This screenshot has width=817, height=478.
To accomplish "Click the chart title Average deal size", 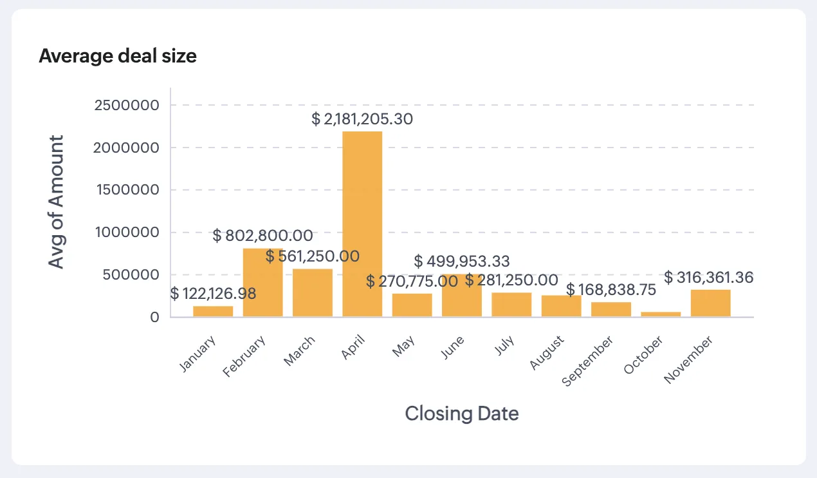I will [118, 57].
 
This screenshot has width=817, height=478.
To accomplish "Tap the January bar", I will [213, 311].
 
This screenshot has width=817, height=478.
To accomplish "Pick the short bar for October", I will [661, 314].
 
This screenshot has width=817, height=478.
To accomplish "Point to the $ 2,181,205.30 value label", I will [362, 119].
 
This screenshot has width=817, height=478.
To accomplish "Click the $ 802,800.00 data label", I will [262, 236].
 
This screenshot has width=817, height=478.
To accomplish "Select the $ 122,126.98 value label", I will [213, 294].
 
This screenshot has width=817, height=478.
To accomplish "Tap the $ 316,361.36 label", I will [708, 278].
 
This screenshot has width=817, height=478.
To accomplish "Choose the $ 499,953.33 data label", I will [462, 261].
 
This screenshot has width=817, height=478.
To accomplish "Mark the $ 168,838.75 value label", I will [611, 290].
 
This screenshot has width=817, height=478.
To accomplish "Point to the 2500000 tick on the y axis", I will [127, 105].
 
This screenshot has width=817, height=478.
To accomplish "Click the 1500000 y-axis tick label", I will [127, 190].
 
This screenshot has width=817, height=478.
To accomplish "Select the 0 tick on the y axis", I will [154, 317].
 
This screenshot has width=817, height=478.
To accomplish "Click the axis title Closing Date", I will [461, 413].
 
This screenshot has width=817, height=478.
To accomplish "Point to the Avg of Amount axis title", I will [57, 202].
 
